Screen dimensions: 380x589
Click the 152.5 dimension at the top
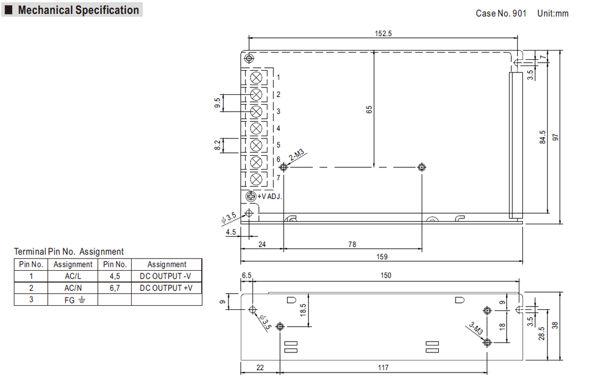[x=383, y=33]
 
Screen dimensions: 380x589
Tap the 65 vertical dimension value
[x=369, y=109]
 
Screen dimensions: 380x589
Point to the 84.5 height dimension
[x=542, y=137]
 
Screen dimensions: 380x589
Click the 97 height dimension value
[x=555, y=137]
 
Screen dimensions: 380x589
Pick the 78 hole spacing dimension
[x=351, y=244]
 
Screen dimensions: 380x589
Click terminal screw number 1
[x=257, y=77]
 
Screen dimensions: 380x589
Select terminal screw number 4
[x=257, y=128]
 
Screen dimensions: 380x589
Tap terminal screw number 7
[x=257, y=179]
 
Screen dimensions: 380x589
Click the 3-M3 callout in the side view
[x=475, y=328]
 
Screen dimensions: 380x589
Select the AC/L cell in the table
[x=72, y=276]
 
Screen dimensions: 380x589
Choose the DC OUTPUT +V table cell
[x=166, y=287]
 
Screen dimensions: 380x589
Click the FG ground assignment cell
[x=72, y=300]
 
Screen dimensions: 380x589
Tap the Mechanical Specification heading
[x=78, y=10]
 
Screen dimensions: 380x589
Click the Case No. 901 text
[x=501, y=13]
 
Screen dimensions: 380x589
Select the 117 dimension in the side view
[x=383, y=367]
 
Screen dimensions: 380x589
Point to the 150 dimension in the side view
[x=385, y=275]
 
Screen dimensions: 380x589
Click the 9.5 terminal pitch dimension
[x=217, y=103]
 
